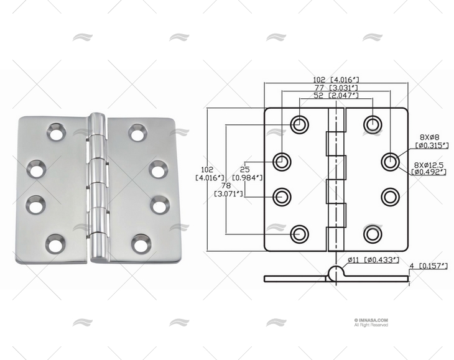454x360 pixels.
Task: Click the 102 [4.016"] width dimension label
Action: pyautogui.click(x=337, y=80)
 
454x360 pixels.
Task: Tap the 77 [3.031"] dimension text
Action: pyautogui.click(x=336, y=88)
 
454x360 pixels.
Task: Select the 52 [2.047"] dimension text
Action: pyautogui.click(x=336, y=96)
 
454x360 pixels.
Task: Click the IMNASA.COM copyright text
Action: pyautogui.click(x=371, y=321)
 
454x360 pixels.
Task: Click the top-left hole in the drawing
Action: pyautogui.click(x=300, y=123)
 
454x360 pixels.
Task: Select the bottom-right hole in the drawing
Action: pyautogui.click(x=372, y=234)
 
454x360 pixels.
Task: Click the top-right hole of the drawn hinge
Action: pyautogui.click(x=372, y=123)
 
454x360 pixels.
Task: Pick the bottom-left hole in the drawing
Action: pyautogui.click(x=300, y=234)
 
